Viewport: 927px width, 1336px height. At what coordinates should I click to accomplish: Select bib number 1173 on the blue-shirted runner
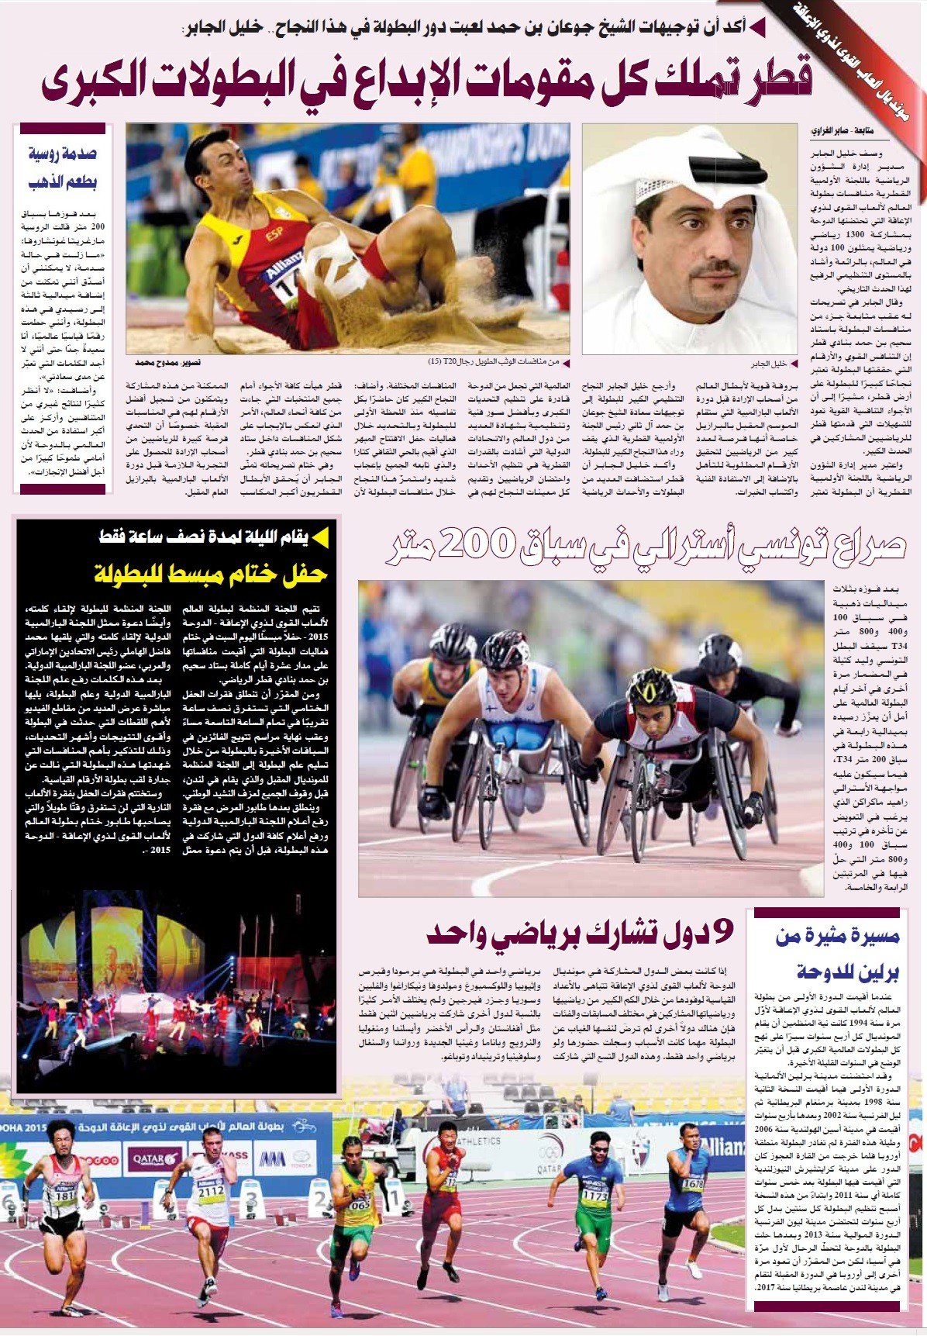tap(594, 1196)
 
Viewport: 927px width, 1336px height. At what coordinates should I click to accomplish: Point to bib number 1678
tap(692, 1184)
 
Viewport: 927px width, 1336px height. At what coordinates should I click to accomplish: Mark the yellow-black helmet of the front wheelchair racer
tap(652, 686)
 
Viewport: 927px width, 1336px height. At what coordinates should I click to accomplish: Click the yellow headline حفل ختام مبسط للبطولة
tap(211, 574)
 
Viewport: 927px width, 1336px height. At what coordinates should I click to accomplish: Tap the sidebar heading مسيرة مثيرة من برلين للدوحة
tap(837, 953)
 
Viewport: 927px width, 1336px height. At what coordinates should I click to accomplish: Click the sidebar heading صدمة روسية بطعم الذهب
tap(63, 167)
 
